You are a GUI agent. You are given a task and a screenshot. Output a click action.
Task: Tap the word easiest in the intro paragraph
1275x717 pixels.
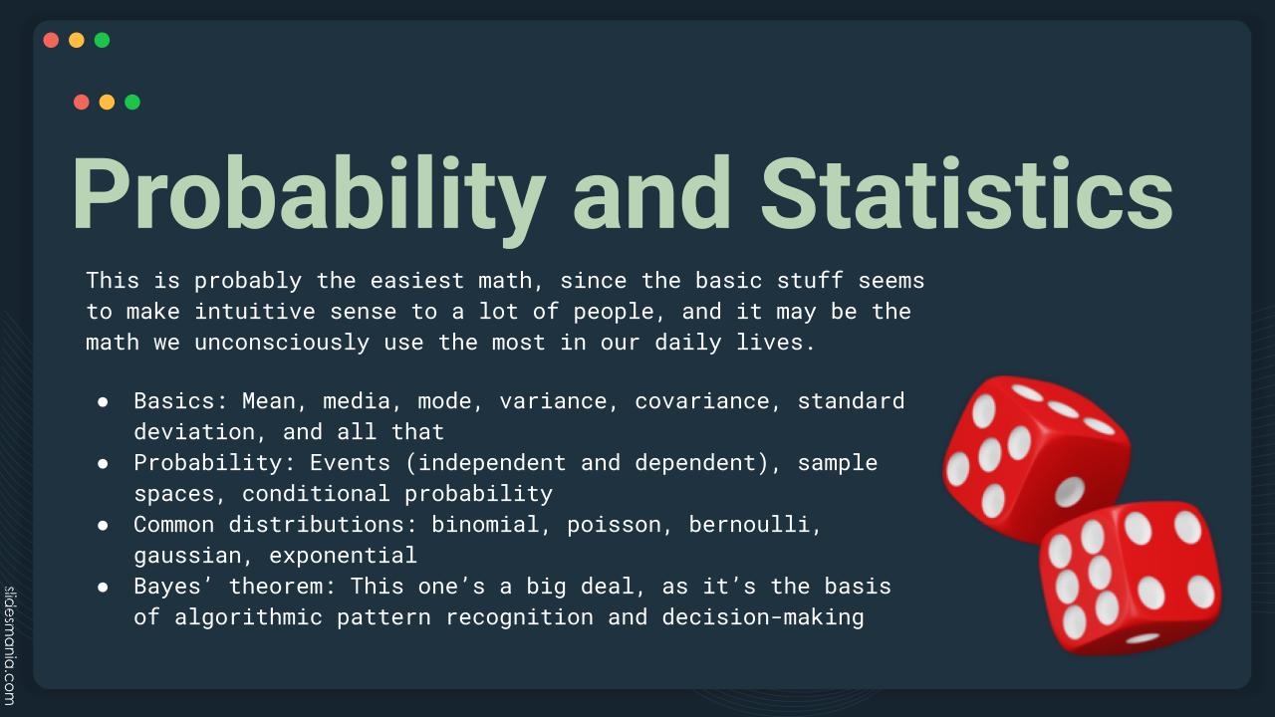(x=417, y=281)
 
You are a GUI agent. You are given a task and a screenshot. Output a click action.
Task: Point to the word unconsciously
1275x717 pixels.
(x=282, y=343)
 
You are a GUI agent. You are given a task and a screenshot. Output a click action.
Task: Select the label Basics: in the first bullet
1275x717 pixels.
(x=181, y=401)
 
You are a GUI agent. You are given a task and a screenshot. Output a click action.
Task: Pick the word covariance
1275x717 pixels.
(x=702, y=401)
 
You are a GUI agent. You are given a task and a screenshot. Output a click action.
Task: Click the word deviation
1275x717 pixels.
(x=194, y=432)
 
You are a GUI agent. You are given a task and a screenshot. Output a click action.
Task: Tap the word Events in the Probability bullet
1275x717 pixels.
(x=350, y=463)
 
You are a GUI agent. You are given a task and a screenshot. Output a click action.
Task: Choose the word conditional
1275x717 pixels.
(x=316, y=493)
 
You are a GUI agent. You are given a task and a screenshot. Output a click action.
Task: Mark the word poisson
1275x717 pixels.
(x=615, y=525)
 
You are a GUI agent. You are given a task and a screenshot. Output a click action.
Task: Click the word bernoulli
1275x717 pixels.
(x=750, y=524)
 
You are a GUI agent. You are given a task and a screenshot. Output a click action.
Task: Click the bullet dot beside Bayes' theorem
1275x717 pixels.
(x=103, y=587)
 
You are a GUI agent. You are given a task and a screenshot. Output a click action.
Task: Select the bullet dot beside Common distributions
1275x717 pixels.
(x=103, y=525)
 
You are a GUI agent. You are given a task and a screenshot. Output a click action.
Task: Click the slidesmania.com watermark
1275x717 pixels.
(x=10, y=646)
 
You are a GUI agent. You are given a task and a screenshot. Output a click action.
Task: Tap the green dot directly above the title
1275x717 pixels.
(x=132, y=102)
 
